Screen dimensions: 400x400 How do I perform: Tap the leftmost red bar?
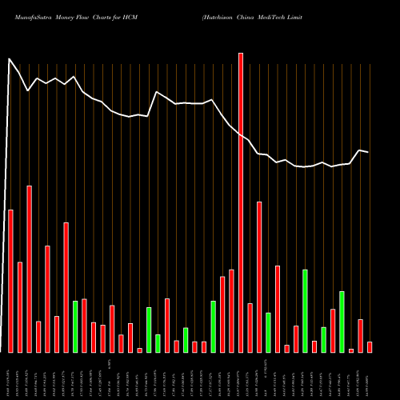pyautogui.click(x=10, y=281)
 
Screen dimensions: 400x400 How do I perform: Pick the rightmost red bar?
pyautogui.click(x=370, y=346)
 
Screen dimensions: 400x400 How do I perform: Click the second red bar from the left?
pyautogui.click(x=20, y=307)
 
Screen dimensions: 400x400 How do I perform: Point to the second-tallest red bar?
pyautogui.click(x=30, y=269)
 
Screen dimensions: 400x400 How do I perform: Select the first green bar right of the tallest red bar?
pyautogui.click(x=268, y=332)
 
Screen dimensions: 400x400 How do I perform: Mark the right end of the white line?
pyautogui.click(x=368, y=152)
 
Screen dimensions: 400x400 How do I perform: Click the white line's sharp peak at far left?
pyautogui.click(x=10, y=59)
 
